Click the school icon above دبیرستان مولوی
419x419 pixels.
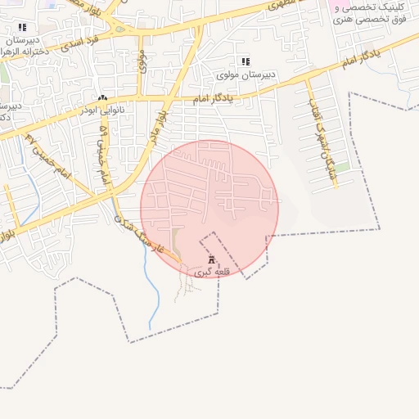point(245,61)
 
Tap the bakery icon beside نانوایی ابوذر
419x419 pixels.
point(102,97)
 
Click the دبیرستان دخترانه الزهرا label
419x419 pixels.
point(22,45)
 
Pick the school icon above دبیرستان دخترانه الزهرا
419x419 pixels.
point(22,27)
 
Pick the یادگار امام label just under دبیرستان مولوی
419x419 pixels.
point(213,98)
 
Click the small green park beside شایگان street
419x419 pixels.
point(342,167)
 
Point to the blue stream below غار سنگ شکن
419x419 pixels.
point(152,286)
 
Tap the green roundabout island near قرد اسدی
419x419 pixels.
point(121,29)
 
